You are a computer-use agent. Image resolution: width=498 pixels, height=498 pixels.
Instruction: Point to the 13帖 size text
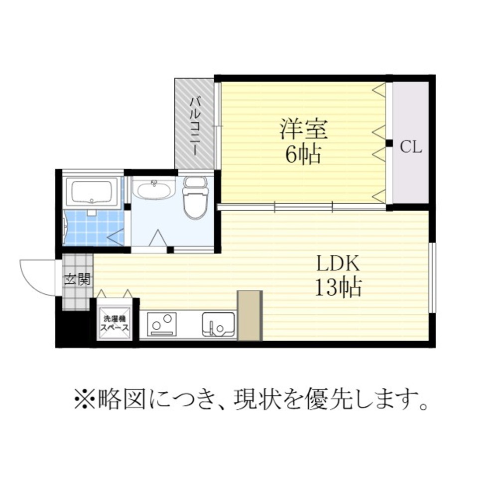coord(337,287)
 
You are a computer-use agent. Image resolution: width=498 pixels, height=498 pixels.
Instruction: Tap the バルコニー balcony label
coord(195,126)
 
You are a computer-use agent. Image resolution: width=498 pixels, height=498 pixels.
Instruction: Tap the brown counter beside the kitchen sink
coord(249,315)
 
